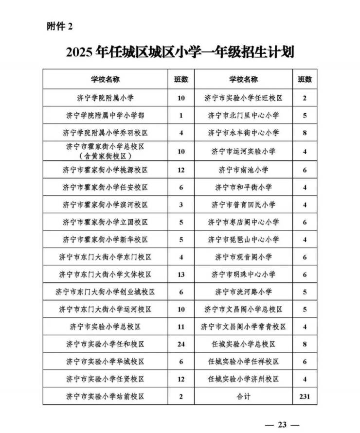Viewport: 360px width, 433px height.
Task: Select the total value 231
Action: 305,397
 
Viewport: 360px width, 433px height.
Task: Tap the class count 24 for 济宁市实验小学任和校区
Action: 181,344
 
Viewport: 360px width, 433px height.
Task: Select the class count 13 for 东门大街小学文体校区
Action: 181,275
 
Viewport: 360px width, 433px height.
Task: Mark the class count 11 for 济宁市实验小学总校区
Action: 181,327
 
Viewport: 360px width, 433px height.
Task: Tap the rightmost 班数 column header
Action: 305,79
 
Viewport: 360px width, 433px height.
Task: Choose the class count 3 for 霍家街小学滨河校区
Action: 181,205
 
